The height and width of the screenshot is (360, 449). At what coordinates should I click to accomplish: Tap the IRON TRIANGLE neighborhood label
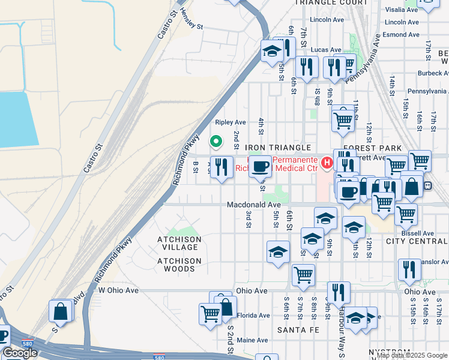[277, 148]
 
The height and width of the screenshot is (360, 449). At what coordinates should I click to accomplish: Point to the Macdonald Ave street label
[253, 205]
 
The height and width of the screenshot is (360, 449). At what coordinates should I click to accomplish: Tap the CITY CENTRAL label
[417, 241]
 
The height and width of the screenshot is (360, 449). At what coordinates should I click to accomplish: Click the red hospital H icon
[327, 162]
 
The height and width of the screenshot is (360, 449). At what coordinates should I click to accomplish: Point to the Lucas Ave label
[326, 50]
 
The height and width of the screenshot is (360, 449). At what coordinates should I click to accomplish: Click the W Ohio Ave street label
[118, 290]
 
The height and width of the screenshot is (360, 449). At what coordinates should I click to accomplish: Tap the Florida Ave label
[253, 316]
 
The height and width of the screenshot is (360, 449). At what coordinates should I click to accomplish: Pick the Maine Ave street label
[252, 340]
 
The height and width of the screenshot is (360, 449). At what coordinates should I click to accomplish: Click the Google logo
[20, 353]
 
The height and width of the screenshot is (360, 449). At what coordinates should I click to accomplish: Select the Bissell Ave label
[418, 233]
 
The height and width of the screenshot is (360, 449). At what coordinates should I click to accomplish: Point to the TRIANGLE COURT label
[331, 2]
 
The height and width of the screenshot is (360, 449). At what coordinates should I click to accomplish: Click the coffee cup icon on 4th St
[260, 167]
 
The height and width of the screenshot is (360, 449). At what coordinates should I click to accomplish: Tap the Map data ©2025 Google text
[412, 355]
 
